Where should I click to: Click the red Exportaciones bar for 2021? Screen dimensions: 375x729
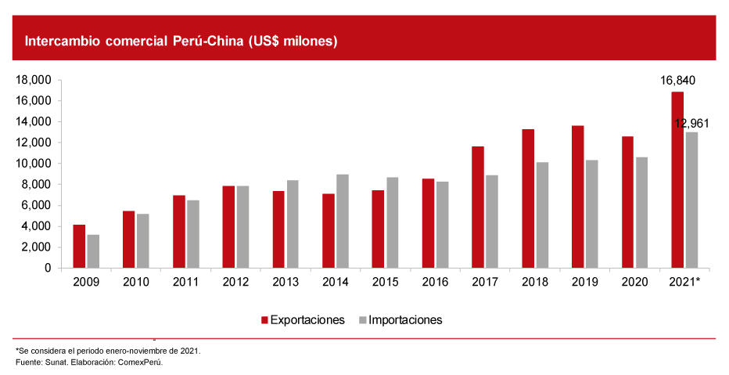click(677, 180)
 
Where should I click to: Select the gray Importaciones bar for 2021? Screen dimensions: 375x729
click(691, 200)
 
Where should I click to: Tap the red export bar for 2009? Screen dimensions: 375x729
click(79, 246)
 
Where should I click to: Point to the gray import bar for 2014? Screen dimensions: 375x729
click(343, 221)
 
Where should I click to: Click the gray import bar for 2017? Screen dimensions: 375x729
click(491, 222)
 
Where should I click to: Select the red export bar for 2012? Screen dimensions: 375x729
click(228, 226)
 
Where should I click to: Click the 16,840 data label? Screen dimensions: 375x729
click(677, 81)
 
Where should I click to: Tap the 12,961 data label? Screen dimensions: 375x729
click(691, 123)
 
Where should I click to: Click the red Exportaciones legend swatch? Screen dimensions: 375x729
click(264, 320)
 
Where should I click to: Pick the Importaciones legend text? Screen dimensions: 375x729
click(405, 320)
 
